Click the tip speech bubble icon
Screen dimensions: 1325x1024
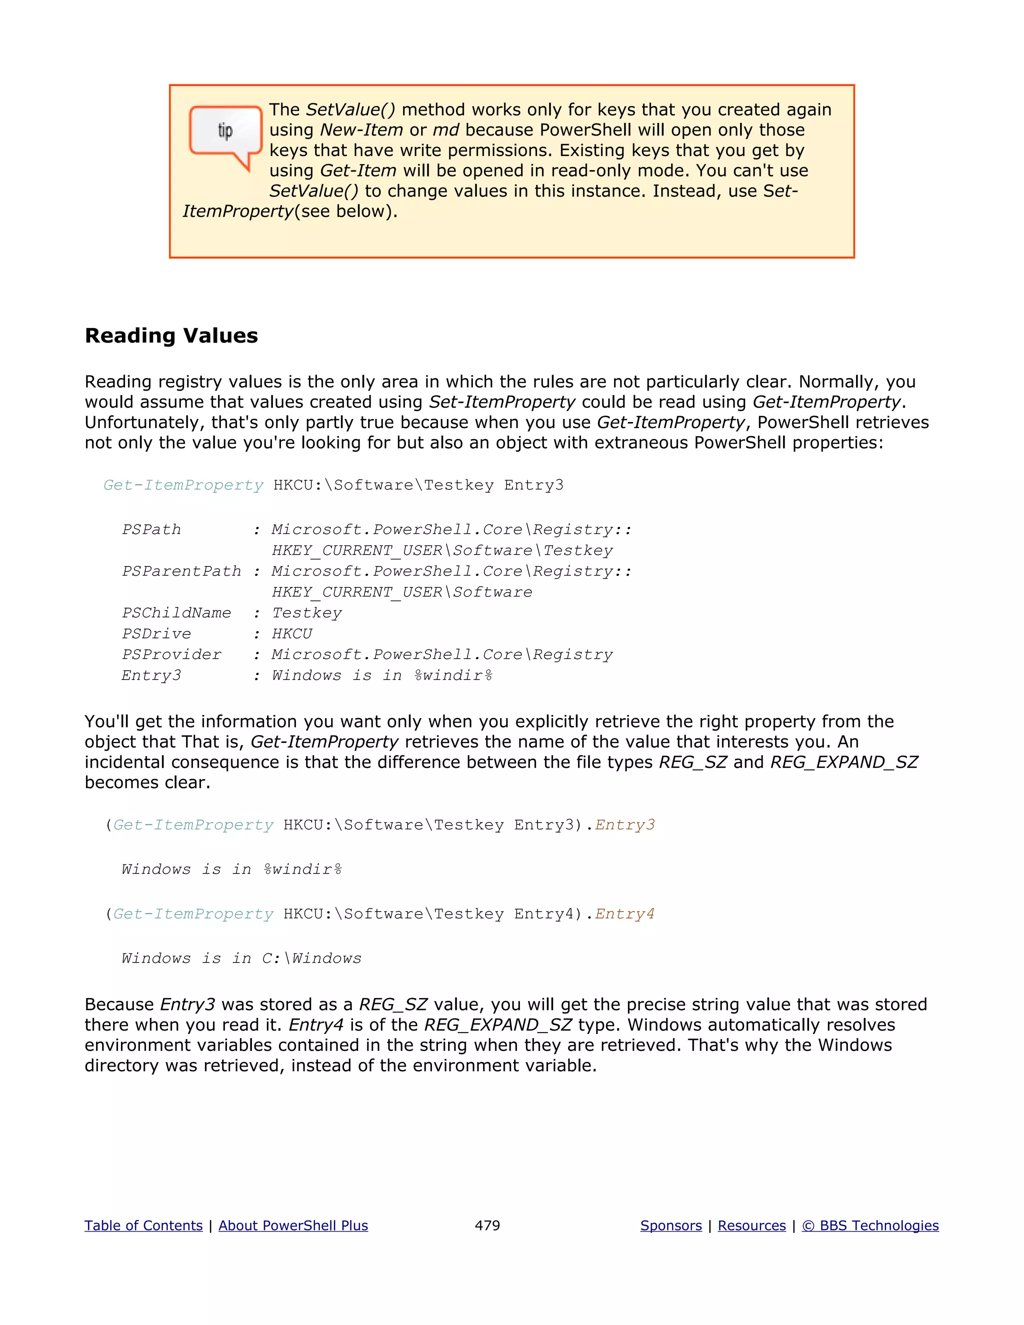tap(225, 133)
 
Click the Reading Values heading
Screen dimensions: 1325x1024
tap(171, 335)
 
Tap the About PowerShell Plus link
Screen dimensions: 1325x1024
tap(293, 1225)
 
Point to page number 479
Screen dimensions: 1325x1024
tap(487, 1225)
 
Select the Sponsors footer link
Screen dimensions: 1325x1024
tap(670, 1225)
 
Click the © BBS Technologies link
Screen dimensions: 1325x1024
tap(870, 1225)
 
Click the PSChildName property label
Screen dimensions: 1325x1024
tap(176, 613)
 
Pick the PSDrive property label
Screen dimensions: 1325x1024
tap(156, 633)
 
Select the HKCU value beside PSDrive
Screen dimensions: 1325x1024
tap(292, 633)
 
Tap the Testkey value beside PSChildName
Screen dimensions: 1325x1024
tap(306, 613)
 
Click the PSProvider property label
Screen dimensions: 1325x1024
tap(171, 654)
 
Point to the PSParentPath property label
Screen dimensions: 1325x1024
tap(181, 571)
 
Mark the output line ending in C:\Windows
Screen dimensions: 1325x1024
tap(241, 958)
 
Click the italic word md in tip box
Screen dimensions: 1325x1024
tap(445, 130)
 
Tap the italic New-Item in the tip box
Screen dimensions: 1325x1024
tap(361, 130)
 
